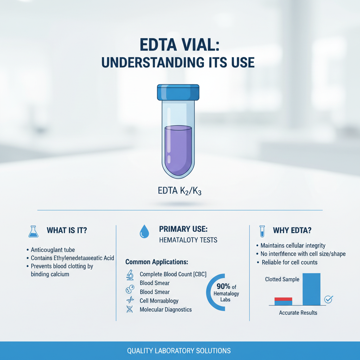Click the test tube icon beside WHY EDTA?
tap(262, 231)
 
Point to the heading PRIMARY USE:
tap(183, 229)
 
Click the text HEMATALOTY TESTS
tap(188, 240)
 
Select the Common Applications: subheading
tap(157, 262)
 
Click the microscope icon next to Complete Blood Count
tap(129, 275)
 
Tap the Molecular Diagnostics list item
tap(166, 310)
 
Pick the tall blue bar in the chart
tap(311, 289)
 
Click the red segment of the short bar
tap(283, 299)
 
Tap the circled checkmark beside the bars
tap(329, 299)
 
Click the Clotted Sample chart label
tap(282, 279)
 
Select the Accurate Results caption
tap(298, 313)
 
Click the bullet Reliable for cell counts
tap(289, 262)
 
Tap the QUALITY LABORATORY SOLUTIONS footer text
tap(179, 351)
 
